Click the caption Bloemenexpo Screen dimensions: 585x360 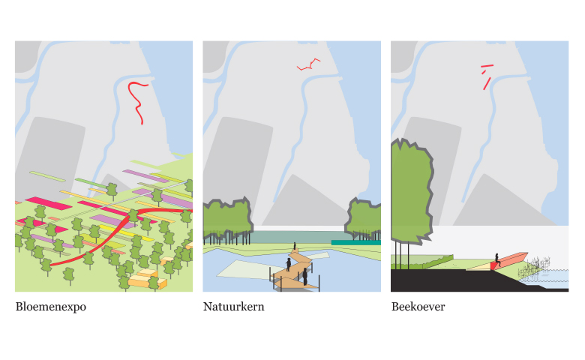point(51,307)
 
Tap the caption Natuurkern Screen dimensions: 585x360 point(233,307)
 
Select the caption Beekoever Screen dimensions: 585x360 point(418,307)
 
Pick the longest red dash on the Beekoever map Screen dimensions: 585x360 point(487,83)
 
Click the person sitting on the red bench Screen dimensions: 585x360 point(497,259)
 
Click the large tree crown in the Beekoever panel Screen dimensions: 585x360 point(411,191)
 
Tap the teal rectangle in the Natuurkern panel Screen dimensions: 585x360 point(356,242)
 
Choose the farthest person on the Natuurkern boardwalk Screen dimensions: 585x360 point(295,246)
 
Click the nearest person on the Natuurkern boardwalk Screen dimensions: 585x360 point(304,277)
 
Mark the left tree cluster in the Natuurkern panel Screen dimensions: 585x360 point(227,220)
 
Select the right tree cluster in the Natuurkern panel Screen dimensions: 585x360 point(363,219)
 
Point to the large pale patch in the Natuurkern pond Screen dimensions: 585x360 point(248,270)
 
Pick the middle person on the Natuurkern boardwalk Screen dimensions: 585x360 point(289,264)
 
